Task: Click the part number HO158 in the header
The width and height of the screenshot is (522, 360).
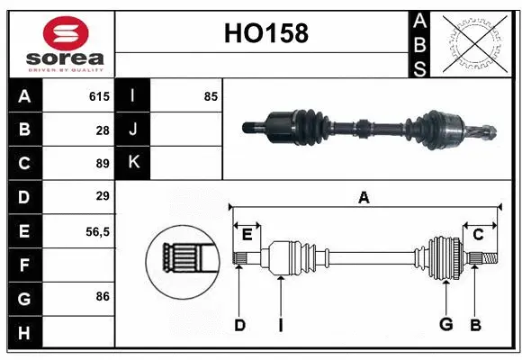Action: (x=265, y=33)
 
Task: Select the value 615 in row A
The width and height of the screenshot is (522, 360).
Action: (x=98, y=95)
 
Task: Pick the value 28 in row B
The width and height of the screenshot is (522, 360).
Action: (x=103, y=130)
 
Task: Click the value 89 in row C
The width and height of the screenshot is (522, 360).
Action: (x=103, y=164)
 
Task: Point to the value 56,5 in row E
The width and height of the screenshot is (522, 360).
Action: (x=97, y=231)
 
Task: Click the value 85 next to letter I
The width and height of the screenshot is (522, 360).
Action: (x=211, y=95)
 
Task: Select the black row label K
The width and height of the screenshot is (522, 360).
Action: (x=133, y=162)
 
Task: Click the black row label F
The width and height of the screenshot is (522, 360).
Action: (x=24, y=265)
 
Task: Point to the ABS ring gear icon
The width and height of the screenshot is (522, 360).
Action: (x=475, y=42)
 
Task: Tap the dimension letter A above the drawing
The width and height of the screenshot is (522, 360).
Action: (x=364, y=197)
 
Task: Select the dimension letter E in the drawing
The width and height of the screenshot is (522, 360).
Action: (x=247, y=235)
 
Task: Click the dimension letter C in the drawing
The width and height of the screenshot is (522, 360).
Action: (x=479, y=235)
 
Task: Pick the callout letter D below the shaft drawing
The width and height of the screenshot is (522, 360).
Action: (x=239, y=325)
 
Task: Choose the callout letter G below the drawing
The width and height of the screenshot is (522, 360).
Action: (x=445, y=325)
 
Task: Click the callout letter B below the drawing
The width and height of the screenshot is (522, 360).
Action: (x=476, y=325)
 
